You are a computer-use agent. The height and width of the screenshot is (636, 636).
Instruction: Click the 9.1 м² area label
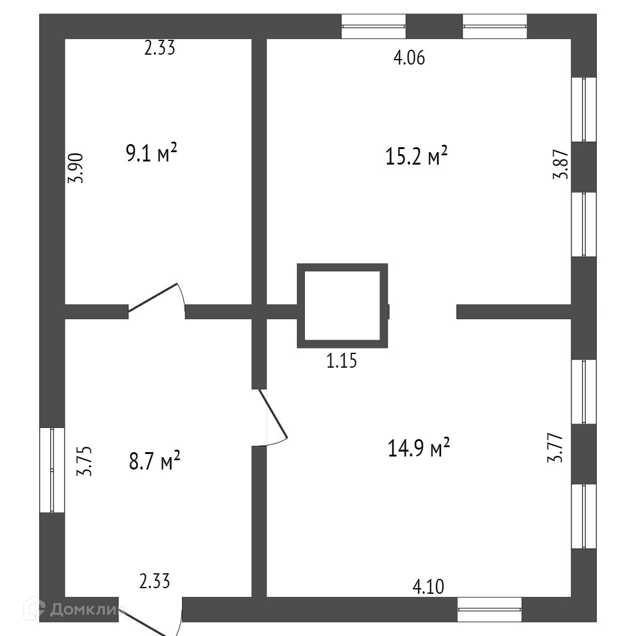tap(152, 153)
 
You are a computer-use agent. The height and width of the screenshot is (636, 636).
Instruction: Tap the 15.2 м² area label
tap(417, 157)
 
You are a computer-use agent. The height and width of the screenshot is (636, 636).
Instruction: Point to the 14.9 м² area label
tap(419, 448)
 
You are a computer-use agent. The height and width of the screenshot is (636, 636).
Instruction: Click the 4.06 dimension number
tap(409, 58)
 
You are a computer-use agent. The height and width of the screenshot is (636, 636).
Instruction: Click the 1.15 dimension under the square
tap(342, 360)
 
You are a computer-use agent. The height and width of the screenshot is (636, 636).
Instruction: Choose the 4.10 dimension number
tap(429, 586)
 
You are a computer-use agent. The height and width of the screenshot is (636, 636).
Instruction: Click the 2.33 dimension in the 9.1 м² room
tap(160, 48)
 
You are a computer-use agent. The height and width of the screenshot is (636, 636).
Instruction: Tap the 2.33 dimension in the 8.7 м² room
tap(155, 581)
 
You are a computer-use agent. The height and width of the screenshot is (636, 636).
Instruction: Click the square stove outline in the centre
tap(342, 305)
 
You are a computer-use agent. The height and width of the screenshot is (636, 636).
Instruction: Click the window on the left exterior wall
tap(52, 470)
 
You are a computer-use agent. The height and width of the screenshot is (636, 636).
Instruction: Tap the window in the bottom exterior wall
tap(489, 609)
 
